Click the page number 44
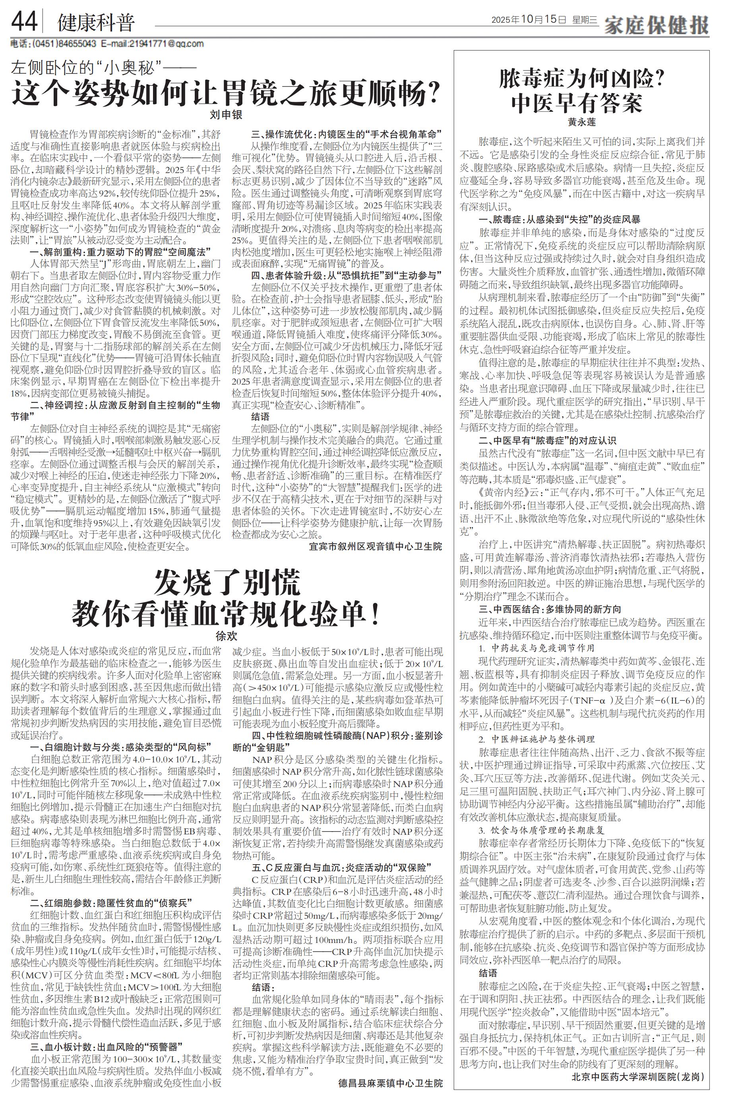click(24, 21)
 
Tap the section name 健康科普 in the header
click(96, 23)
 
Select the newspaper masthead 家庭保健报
click(657, 23)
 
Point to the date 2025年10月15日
click(528, 20)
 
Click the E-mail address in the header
click(152, 44)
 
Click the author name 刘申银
click(226, 114)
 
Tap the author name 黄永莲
click(581, 122)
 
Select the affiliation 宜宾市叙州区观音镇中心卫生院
click(375, 546)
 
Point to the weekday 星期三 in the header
click(585, 20)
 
